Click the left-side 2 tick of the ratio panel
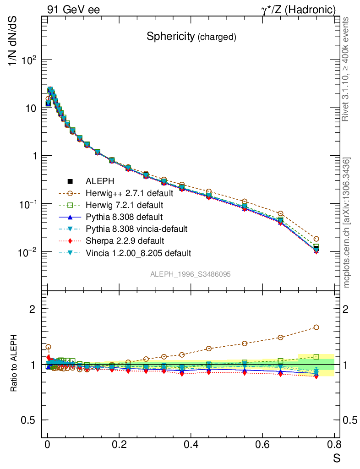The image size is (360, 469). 33,309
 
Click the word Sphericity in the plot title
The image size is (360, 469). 170,37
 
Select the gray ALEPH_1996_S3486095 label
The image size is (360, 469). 190,274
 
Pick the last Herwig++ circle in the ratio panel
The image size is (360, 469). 316,327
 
